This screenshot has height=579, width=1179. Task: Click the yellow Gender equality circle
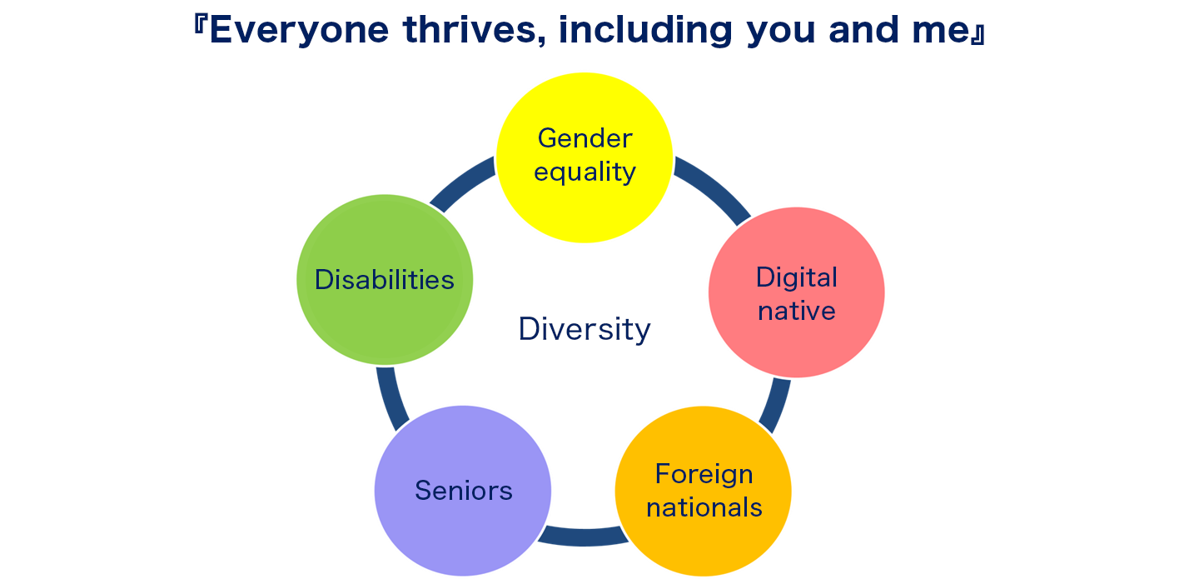pos(585,157)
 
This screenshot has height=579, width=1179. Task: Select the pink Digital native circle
pos(796,292)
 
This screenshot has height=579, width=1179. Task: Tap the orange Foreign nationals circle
pos(704,491)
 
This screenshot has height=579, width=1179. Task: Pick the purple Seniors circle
pos(463,491)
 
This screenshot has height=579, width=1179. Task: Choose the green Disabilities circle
pos(385,280)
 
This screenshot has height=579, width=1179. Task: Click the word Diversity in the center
pos(585,330)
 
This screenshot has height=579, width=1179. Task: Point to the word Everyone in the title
pos(299,30)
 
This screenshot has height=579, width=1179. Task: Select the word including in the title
pos(645,31)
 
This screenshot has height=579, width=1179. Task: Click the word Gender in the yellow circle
pos(585,138)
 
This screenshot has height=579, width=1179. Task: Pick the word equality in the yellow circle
pos(585,172)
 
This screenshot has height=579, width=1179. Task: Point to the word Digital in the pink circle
pos(796,277)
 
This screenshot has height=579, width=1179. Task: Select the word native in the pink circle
pos(796,311)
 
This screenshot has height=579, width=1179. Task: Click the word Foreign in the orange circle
pos(704,475)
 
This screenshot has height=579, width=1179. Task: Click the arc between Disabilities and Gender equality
pos(460,182)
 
